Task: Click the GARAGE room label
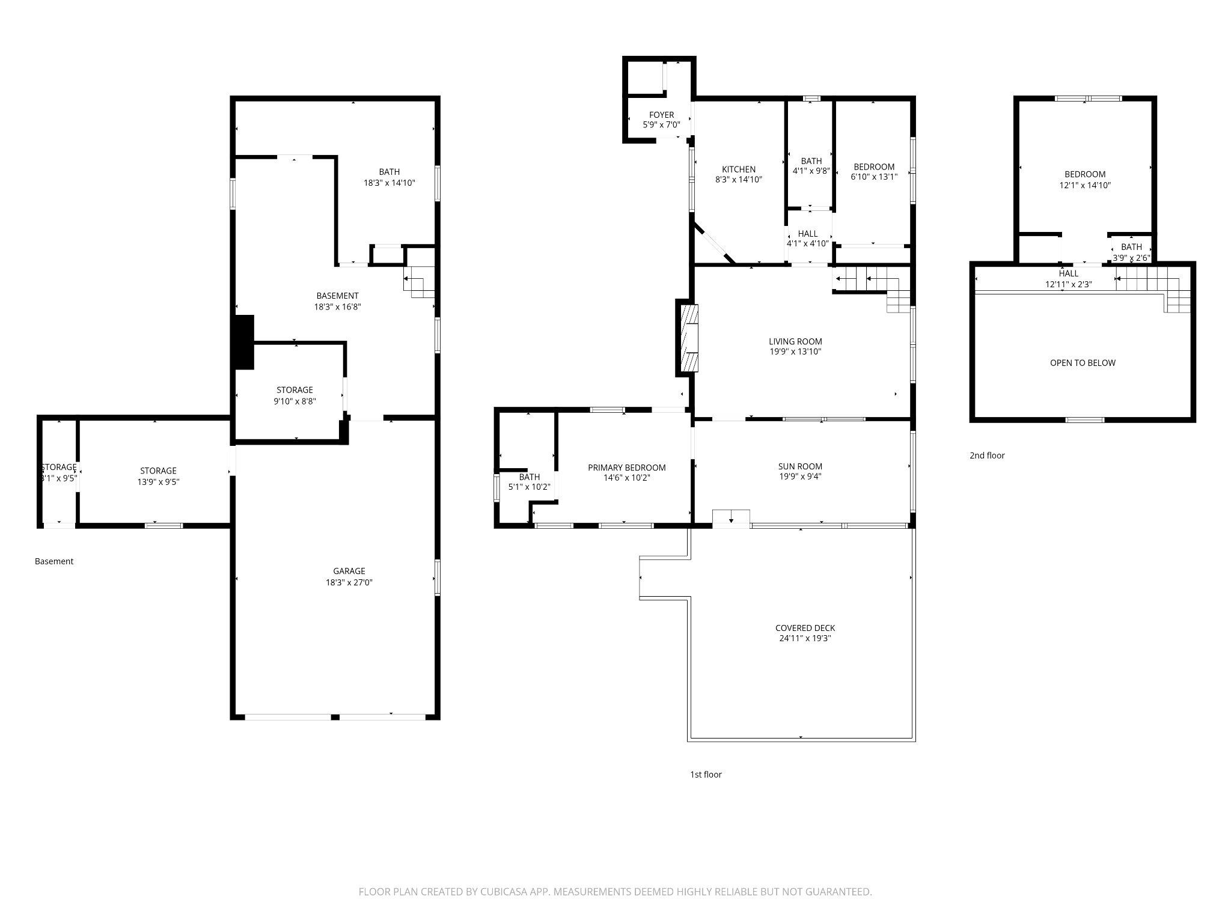(349, 571)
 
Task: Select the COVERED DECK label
(805, 628)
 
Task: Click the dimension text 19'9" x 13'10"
(795, 352)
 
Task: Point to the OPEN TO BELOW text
(1082, 363)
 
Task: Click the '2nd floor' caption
(986, 455)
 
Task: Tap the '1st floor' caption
(705, 775)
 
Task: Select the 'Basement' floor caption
(54, 561)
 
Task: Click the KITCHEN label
(738, 169)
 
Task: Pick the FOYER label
(661, 115)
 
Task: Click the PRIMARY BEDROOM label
(626, 468)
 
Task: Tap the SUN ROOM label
(799, 466)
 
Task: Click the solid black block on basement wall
(243, 342)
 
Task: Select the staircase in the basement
(420, 282)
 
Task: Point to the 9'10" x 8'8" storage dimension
(295, 401)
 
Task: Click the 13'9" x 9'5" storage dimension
(158, 481)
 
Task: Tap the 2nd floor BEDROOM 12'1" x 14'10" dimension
(1084, 186)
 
